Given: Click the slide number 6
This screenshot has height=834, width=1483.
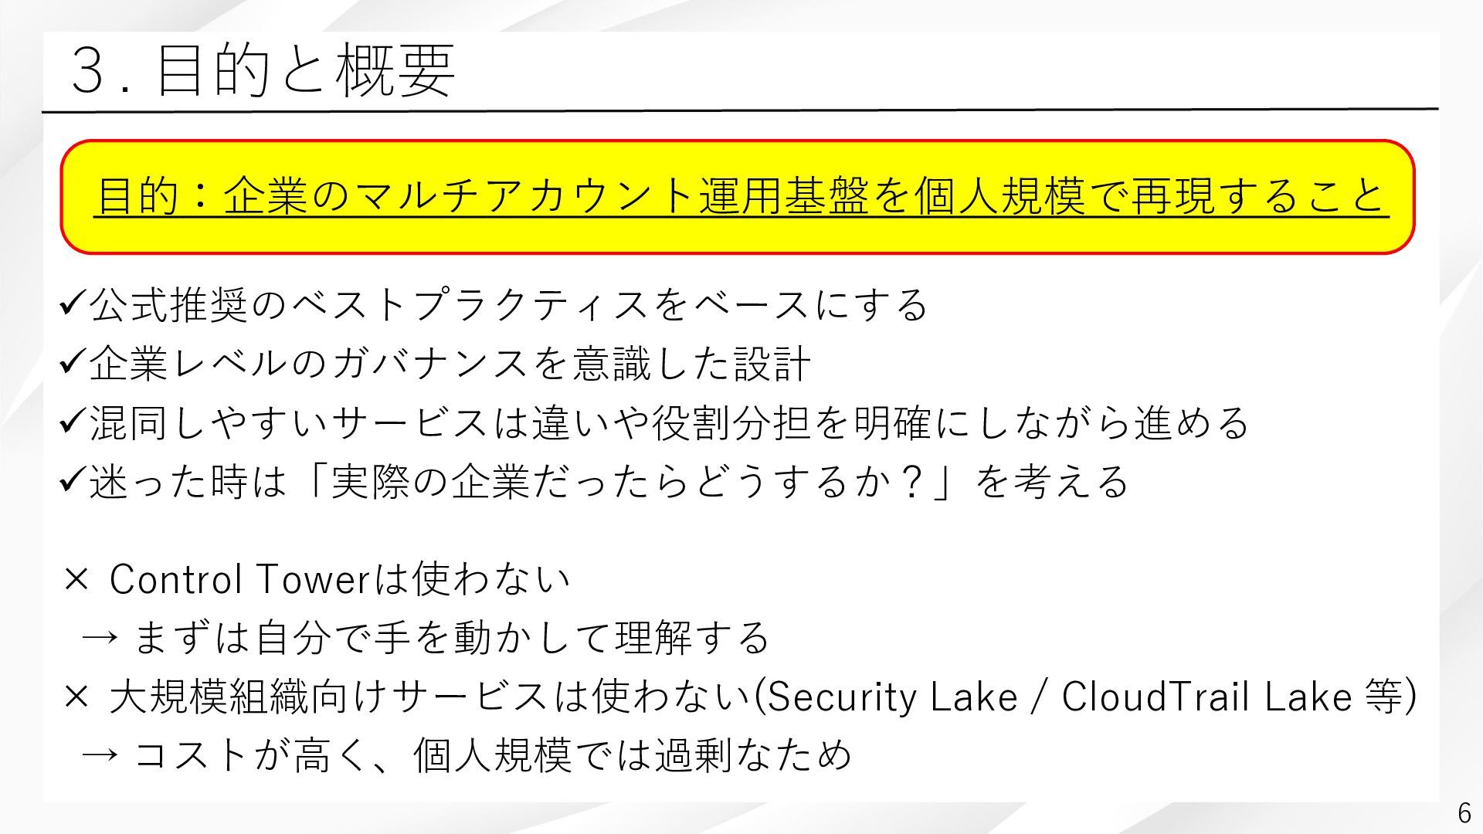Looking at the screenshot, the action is [x=1464, y=813].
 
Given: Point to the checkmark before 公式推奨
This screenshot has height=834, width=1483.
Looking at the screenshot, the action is [x=73, y=303].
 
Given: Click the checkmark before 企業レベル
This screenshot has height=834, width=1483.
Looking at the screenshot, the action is [x=73, y=362].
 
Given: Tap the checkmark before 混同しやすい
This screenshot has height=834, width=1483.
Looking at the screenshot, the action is [x=73, y=422].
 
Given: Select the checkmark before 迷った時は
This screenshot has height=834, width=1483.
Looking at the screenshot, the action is [x=73, y=480].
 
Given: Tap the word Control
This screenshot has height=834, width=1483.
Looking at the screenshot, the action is [x=175, y=579].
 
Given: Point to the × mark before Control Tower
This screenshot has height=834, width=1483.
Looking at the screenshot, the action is [x=76, y=580].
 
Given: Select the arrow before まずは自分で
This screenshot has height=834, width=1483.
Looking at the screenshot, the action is [x=100, y=639].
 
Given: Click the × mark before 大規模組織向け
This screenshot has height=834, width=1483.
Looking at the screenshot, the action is [x=76, y=697].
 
